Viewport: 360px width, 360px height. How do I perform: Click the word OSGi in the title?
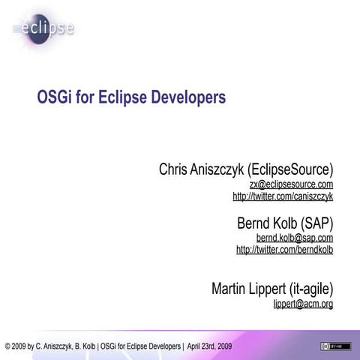(x=54, y=98)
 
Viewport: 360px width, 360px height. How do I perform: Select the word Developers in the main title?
(x=187, y=98)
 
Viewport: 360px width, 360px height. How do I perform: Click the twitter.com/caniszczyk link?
(x=283, y=196)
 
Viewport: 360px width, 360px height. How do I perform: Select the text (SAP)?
(x=316, y=223)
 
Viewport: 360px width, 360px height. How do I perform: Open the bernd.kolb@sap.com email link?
(x=294, y=238)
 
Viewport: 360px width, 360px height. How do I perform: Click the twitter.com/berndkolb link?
(x=284, y=250)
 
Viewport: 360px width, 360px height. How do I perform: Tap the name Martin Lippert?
(x=245, y=289)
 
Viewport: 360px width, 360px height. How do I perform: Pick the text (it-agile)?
(x=307, y=289)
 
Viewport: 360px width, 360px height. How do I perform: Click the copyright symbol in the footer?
(x=7, y=347)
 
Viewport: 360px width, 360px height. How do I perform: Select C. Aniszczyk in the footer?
(x=59, y=347)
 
